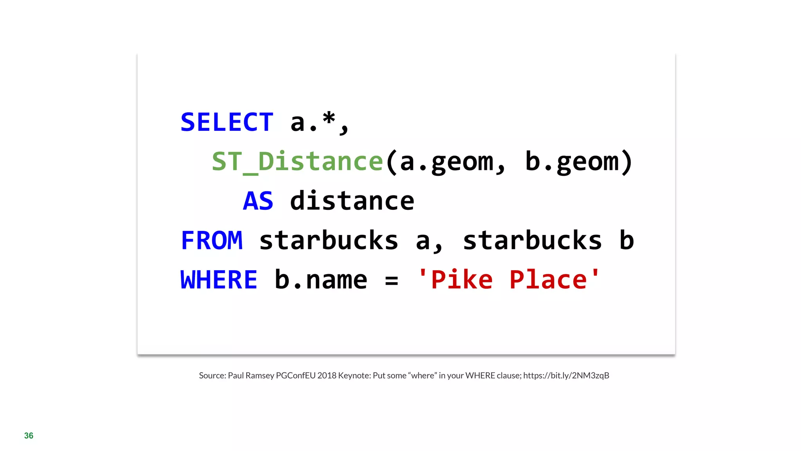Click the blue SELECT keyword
pos(227,122)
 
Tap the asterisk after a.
pos(329,118)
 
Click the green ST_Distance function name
pos(297,161)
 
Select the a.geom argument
pos(446,162)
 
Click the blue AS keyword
pos(258,201)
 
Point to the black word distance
pos(352,201)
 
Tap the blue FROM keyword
pos(212,240)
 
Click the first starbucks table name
pos(329,240)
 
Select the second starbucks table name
pos(532,240)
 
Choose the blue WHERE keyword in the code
pos(219,280)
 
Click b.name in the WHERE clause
pos(321,280)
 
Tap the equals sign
pos(392,281)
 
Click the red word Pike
pos(462,280)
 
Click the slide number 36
pos(29,436)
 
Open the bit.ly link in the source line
pos(566,375)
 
